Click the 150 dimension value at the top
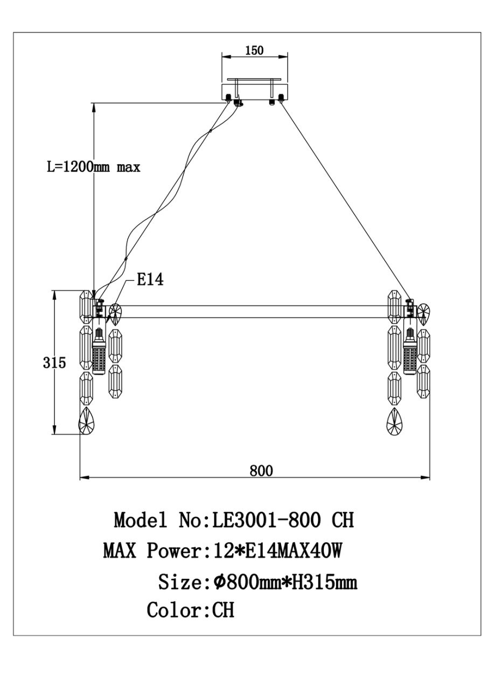coord(254,51)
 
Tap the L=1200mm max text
coord(93,167)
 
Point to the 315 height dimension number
coord(54,363)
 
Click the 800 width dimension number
coord(261,471)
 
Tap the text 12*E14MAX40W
coord(275,551)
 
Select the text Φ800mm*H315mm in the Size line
coord(285,582)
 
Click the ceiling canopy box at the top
coord(255,91)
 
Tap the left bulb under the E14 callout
coord(99,353)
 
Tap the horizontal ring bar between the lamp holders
coord(253,312)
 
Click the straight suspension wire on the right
coord(345,199)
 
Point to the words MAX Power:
coord(152,551)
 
